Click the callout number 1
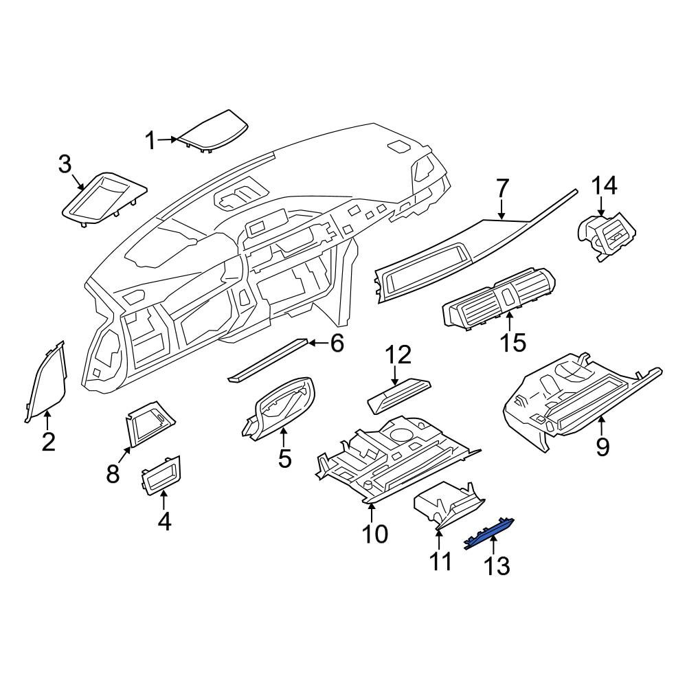click(150, 141)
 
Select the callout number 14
click(605, 185)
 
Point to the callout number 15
click(513, 343)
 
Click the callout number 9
click(603, 447)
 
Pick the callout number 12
click(398, 355)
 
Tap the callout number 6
click(337, 343)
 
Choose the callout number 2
click(48, 442)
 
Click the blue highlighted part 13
click(488, 533)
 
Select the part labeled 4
click(161, 475)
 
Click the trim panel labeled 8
click(150, 423)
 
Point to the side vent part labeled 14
click(607, 235)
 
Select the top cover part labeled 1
click(212, 133)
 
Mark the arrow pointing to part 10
click(371, 513)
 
